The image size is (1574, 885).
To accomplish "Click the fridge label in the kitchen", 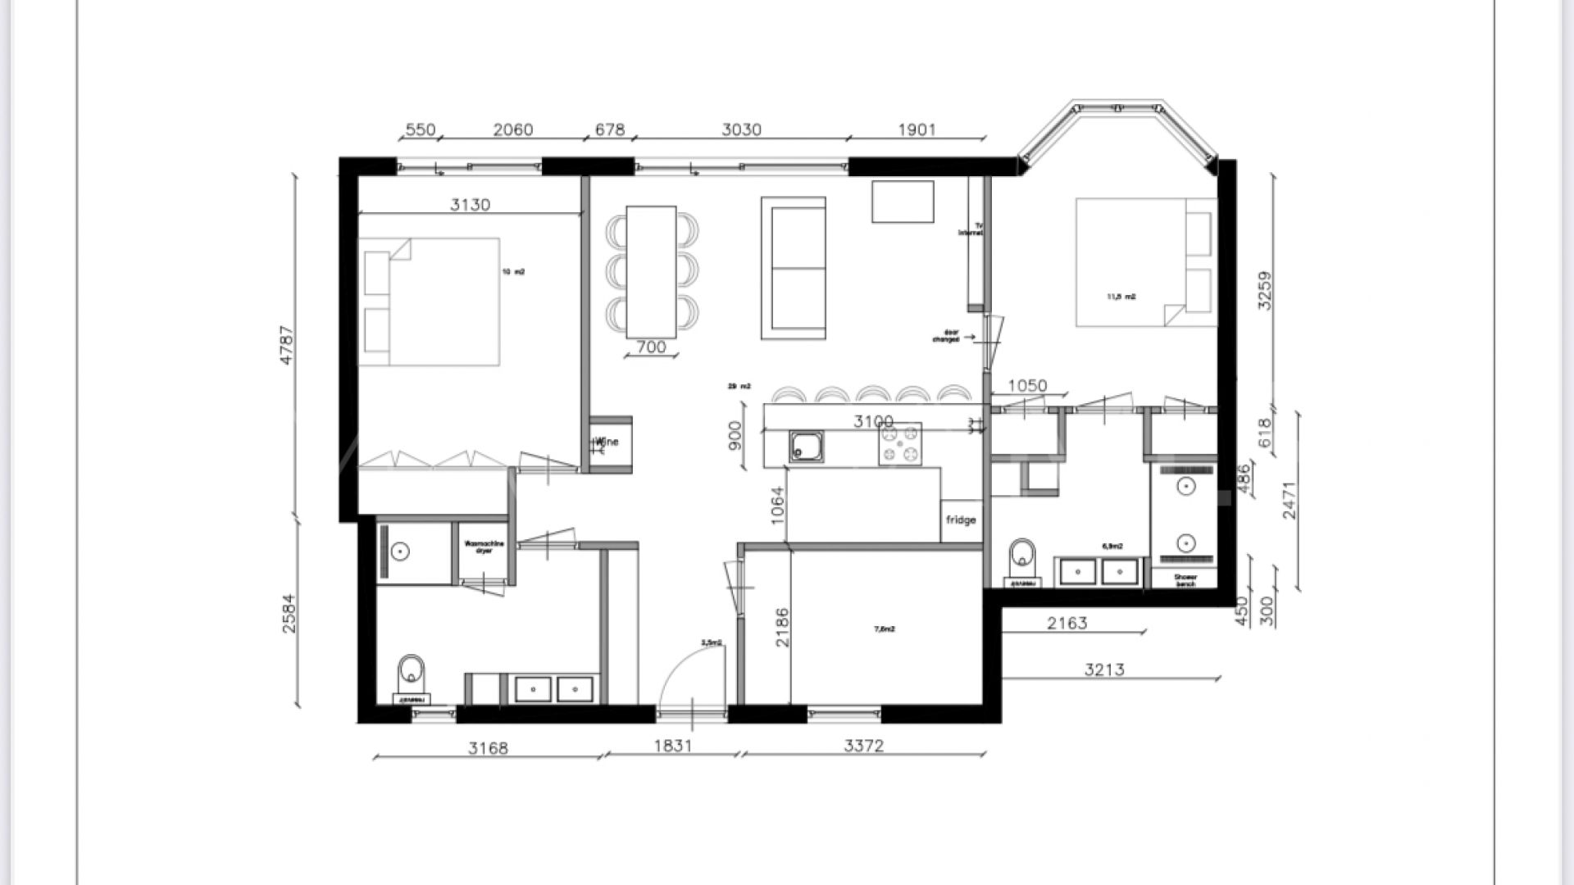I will [x=961, y=520].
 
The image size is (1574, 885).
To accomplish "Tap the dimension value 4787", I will [x=286, y=345].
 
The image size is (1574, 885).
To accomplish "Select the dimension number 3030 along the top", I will [x=741, y=129].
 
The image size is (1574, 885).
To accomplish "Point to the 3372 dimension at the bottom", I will [x=864, y=746].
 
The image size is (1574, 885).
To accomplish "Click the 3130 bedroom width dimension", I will [x=470, y=205].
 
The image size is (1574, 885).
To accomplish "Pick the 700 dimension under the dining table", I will [x=651, y=347].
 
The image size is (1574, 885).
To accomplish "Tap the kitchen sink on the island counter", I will [x=806, y=447].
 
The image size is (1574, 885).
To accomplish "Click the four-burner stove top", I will [x=899, y=444].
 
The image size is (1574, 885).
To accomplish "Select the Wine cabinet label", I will [x=607, y=443].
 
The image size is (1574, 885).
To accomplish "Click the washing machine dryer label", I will [x=484, y=547].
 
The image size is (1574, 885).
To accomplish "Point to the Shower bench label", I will [x=1185, y=580].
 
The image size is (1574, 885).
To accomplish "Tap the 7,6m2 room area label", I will [x=885, y=629].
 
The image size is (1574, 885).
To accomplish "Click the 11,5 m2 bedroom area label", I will [x=1121, y=297].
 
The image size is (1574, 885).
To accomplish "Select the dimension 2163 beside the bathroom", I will [x=1067, y=624].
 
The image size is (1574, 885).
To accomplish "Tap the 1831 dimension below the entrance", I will [x=673, y=746].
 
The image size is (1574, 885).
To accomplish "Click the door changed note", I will [x=950, y=336].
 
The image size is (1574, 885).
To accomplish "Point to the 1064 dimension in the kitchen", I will [x=778, y=506].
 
